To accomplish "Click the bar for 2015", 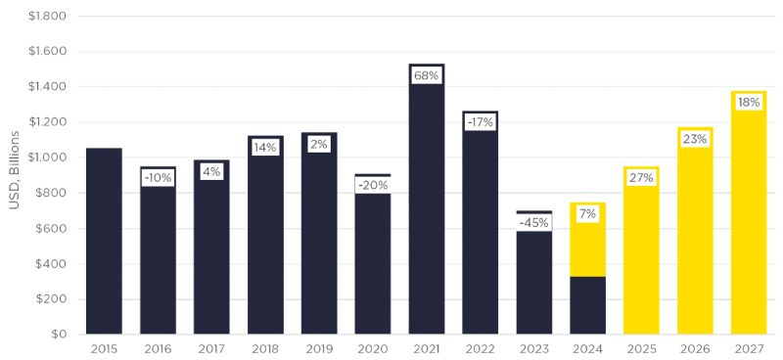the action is tap(104, 242).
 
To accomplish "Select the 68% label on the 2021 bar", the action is tap(427, 76).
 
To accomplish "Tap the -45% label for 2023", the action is tap(533, 223).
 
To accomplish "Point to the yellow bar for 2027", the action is tap(749, 212).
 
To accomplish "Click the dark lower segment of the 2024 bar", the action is tap(588, 305).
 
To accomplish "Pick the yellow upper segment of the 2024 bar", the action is tap(588, 240).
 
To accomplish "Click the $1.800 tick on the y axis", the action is tap(47, 16).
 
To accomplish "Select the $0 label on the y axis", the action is tap(58, 334).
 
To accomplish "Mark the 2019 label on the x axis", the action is tap(319, 348).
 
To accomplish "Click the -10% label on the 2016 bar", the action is tap(158, 178).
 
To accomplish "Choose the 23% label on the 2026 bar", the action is tap(695, 139).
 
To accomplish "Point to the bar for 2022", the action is tap(480, 222).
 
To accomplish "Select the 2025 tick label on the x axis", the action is tap(642, 348).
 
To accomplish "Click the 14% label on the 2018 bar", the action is tap(264, 148).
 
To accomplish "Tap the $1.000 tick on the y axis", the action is tap(47, 157).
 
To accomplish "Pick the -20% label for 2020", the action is tap(373, 185).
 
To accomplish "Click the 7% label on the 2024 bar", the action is tap(588, 214).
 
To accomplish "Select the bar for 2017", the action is tap(211, 247).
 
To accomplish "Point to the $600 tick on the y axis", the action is tap(51, 228).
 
